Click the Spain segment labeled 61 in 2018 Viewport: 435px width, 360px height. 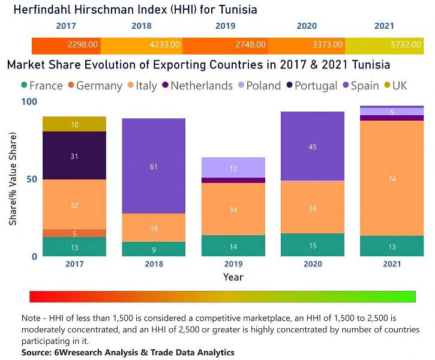[154, 166]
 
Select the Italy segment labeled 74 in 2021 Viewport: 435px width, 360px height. [392, 178]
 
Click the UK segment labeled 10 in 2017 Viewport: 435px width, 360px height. [74, 124]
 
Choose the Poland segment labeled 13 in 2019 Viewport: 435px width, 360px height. [233, 168]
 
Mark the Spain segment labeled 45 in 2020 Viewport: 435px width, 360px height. [312, 146]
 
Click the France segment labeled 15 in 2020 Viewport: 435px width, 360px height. [312, 245]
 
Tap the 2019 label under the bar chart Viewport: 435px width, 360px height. [233, 264]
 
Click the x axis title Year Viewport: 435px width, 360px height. [233, 277]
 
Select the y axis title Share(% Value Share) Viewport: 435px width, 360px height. [13, 179]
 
